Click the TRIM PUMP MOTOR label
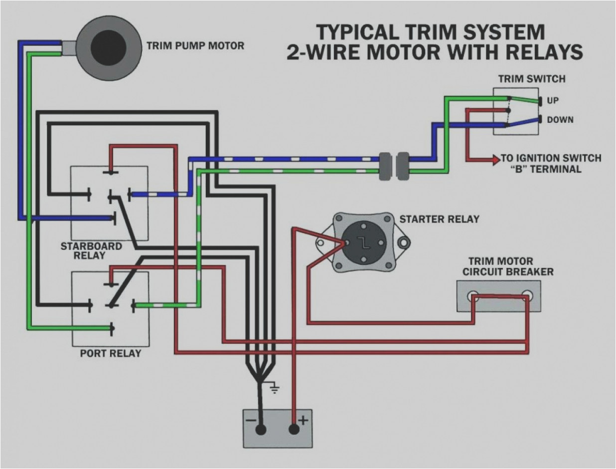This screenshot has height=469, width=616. pyautogui.click(x=195, y=46)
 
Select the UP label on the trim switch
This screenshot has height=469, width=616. pyautogui.click(x=553, y=101)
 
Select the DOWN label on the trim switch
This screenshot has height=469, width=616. pyautogui.click(x=560, y=120)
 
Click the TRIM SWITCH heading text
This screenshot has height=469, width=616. pyautogui.click(x=532, y=79)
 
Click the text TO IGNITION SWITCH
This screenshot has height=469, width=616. pyautogui.click(x=551, y=158)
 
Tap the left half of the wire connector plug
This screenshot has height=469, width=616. pyautogui.click(x=384, y=166)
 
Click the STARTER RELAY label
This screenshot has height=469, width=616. pyautogui.click(x=439, y=219)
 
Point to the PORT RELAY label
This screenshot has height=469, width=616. pyautogui.click(x=110, y=353)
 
